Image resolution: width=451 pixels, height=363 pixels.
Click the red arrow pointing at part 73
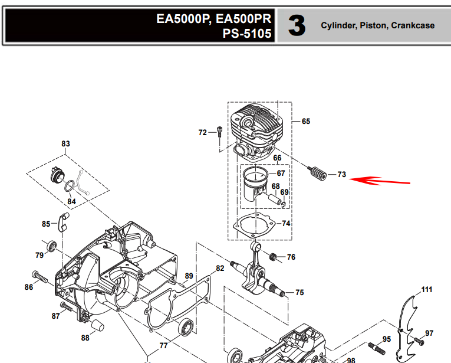[380, 181]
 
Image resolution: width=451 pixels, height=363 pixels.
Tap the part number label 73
[341, 175]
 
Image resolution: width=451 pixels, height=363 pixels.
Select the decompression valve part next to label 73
[317, 173]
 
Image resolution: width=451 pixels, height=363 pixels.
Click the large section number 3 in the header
[297, 26]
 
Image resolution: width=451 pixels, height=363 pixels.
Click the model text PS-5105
[247, 34]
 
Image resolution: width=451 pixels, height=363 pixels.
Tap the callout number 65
[306, 121]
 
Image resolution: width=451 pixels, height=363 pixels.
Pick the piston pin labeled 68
[274, 199]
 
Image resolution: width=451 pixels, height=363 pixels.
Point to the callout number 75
[299, 293]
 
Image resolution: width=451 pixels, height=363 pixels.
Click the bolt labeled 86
[39, 277]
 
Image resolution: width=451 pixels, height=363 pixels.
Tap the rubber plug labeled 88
[97, 325]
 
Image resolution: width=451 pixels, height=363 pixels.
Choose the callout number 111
[427, 290]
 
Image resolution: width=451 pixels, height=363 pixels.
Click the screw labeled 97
[419, 341]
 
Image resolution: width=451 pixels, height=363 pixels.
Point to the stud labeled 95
[377, 348]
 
